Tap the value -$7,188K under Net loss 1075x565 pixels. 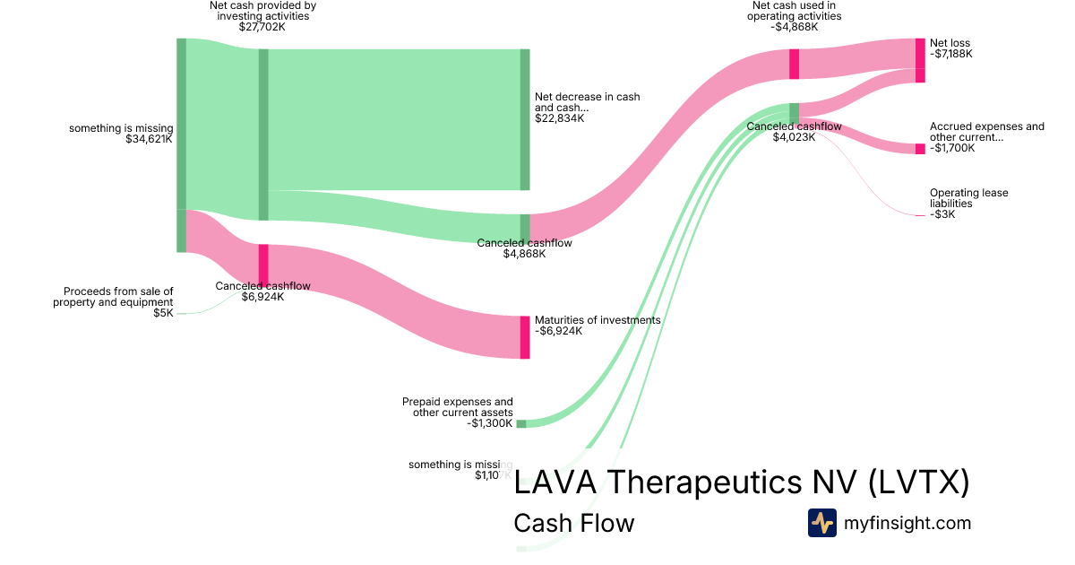pyautogui.click(x=950, y=54)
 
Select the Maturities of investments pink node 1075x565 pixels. pyautogui.click(x=525, y=337)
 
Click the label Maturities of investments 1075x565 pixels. pyautogui.click(x=597, y=320)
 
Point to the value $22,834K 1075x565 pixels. pyautogui.click(x=559, y=118)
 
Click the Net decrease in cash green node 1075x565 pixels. pyautogui.click(x=525, y=119)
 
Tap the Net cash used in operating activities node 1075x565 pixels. pyautogui.click(x=794, y=64)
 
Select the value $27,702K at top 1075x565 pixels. pyautogui.click(x=262, y=27)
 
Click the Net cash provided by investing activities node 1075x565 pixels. pyautogui.click(x=263, y=135)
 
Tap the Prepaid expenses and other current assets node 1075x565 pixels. pyautogui.click(x=521, y=423)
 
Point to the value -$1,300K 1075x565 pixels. pyautogui.click(x=491, y=423)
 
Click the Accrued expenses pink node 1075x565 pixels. pyautogui.click(x=920, y=149)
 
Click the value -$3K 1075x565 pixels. pyautogui.click(x=942, y=214)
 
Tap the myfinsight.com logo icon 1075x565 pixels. pyautogui.click(x=821, y=523)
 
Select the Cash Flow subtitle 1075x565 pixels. pyautogui.click(x=573, y=523)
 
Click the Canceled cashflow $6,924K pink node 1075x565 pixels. pyautogui.click(x=263, y=265)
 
